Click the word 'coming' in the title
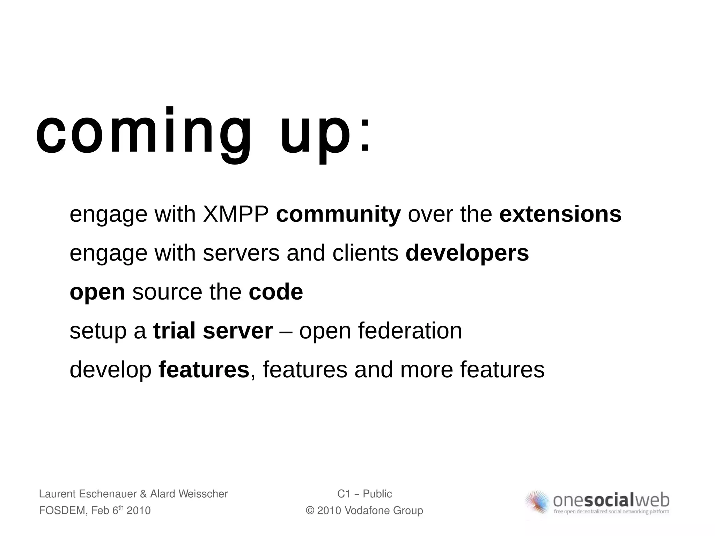pos(143,134)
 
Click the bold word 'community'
pos(338,214)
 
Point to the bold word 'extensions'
pos(560,214)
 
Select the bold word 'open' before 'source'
pos(97,292)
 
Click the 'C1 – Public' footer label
pos(364,494)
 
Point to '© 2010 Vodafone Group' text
pos(364,511)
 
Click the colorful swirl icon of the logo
pos(538,502)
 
